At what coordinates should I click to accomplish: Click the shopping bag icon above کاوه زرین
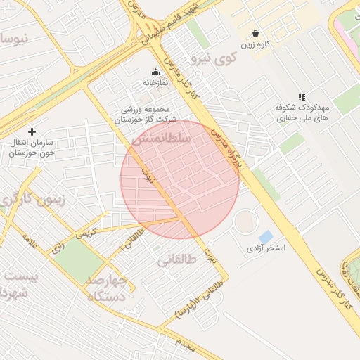pyautogui.click(x=255, y=33)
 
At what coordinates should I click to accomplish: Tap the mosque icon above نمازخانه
pyautogui.click(x=156, y=72)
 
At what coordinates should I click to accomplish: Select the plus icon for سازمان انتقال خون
pyautogui.click(x=32, y=131)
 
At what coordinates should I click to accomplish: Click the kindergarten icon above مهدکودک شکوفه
pyautogui.click(x=302, y=97)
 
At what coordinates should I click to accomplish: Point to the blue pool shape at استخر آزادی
pyautogui.click(x=266, y=237)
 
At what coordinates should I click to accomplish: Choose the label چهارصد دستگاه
pyautogui.click(x=107, y=288)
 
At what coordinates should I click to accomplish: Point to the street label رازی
pyautogui.click(x=57, y=245)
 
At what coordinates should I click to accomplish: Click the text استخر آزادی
pyautogui.click(x=266, y=249)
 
